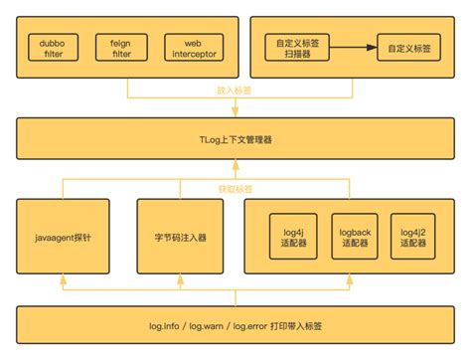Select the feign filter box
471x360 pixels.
[x=120, y=48]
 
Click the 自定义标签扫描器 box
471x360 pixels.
[x=297, y=48]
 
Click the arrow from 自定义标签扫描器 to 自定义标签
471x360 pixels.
[x=354, y=47]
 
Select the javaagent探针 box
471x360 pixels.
[x=65, y=239]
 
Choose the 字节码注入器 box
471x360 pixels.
[x=179, y=239]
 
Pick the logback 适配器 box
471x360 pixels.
[x=355, y=239]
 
